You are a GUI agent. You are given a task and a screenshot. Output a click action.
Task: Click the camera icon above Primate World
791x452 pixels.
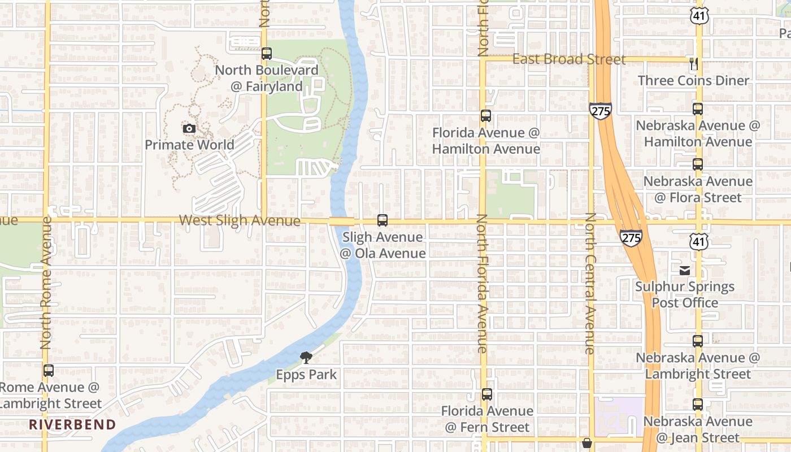pyautogui.click(x=189, y=129)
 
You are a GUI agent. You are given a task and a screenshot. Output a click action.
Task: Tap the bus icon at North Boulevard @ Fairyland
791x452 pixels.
pyautogui.click(x=267, y=54)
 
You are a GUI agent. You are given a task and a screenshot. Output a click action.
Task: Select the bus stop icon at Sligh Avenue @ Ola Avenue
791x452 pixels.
pyautogui.click(x=383, y=220)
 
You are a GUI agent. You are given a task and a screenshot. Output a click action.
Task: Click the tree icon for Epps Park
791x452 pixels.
pyautogui.click(x=306, y=357)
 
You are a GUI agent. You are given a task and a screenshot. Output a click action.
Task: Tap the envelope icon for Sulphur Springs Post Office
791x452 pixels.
pyautogui.click(x=685, y=270)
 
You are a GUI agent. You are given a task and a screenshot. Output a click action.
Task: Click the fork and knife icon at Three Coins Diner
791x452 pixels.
pyautogui.click(x=694, y=64)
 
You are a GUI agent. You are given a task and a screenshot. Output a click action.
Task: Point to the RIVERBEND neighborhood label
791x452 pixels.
pyautogui.click(x=72, y=424)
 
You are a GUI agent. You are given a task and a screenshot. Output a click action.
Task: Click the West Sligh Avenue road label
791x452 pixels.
pyautogui.click(x=240, y=220)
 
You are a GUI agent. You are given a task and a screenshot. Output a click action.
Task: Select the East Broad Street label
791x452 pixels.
pyautogui.click(x=569, y=59)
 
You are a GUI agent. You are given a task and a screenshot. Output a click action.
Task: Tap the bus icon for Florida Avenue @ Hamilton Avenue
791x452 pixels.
pyautogui.click(x=486, y=116)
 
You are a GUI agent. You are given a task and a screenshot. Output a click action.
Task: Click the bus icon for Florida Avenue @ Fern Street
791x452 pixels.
pyautogui.click(x=487, y=394)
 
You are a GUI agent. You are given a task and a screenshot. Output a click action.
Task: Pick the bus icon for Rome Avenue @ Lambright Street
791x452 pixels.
pyautogui.click(x=49, y=371)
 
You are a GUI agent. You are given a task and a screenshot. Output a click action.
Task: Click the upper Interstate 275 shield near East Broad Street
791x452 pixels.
pyautogui.click(x=600, y=110)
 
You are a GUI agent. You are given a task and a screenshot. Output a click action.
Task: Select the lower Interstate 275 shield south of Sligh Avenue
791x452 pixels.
pyautogui.click(x=631, y=237)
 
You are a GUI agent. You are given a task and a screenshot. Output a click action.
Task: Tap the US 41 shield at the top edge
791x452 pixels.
pyautogui.click(x=698, y=16)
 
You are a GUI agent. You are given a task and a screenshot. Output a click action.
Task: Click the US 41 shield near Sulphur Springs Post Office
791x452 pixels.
pyautogui.click(x=698, y=242)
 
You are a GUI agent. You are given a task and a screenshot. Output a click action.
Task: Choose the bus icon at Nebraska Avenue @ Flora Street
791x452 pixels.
pyautogui.click(x=698, y=164)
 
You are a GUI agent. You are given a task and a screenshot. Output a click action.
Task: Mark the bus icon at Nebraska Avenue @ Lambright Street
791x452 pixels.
pyautogui.click(x=698, y=341)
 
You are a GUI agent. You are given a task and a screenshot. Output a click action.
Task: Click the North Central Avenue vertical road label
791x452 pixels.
pyautogui.click(x=590, y=284)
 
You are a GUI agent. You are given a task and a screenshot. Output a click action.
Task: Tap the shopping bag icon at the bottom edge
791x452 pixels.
pyautogui.click(x=587, y=443)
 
